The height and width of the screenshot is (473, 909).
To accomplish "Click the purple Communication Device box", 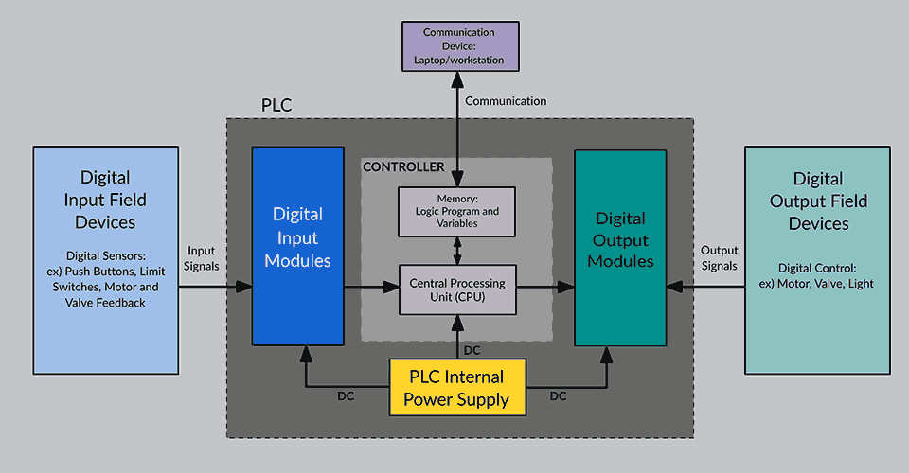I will [457, 46].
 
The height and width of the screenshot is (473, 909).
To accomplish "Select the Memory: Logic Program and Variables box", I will [457, 211].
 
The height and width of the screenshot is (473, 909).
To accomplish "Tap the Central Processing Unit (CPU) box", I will [457, 289].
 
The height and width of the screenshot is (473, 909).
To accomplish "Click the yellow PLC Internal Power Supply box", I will [456, 388].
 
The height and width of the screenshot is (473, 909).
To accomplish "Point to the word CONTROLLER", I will [404, 167].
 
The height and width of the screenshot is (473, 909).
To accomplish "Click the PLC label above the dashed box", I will [276, 105].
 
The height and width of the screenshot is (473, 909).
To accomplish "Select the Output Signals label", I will [719, 258].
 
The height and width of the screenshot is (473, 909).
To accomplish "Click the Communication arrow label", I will [505, 101].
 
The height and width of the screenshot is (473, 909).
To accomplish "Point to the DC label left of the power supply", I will [347, 396].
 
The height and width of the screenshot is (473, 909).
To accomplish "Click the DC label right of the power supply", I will [558, 396].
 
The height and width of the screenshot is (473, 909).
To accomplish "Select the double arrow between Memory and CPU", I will [457, 251].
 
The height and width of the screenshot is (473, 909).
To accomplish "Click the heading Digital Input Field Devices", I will [105, 201].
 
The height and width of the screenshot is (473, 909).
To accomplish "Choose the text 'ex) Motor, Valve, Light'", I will [817, 284].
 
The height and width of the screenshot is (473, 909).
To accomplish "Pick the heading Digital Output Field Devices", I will [817, 201].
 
